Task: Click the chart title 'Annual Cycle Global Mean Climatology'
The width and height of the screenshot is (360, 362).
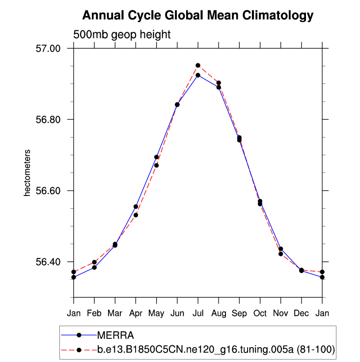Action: click(197, 16)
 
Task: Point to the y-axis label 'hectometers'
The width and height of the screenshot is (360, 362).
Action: click(28, 172)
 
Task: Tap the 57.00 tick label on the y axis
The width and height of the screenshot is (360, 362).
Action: click(49, 49)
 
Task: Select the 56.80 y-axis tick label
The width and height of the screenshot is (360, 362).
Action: click(49, 119)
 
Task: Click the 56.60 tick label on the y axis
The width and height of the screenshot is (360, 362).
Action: click(49, 191)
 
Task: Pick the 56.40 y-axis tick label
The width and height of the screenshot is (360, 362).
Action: click(49, 262)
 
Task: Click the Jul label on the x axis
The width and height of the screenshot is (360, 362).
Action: click(198, 313)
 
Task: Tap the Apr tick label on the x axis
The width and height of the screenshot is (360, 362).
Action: click(136, 313)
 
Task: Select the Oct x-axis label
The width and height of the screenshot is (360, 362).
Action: click(260, 313)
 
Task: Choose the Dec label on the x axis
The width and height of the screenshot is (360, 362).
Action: click(301, 313)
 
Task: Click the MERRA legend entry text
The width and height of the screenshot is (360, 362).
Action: click(115, 335)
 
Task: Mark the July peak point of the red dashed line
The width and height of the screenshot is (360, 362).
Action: click(198, 65)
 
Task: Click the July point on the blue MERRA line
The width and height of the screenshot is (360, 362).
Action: click(198, 75)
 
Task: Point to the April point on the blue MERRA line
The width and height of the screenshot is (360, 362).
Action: click(136, 207)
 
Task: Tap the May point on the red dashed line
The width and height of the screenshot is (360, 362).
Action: click(156, 166)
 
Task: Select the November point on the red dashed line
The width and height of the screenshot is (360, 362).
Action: click(280, 254)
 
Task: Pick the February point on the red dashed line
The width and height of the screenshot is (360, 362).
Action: click(94, 262)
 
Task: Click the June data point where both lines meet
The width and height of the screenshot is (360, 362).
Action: click(177, 105)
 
